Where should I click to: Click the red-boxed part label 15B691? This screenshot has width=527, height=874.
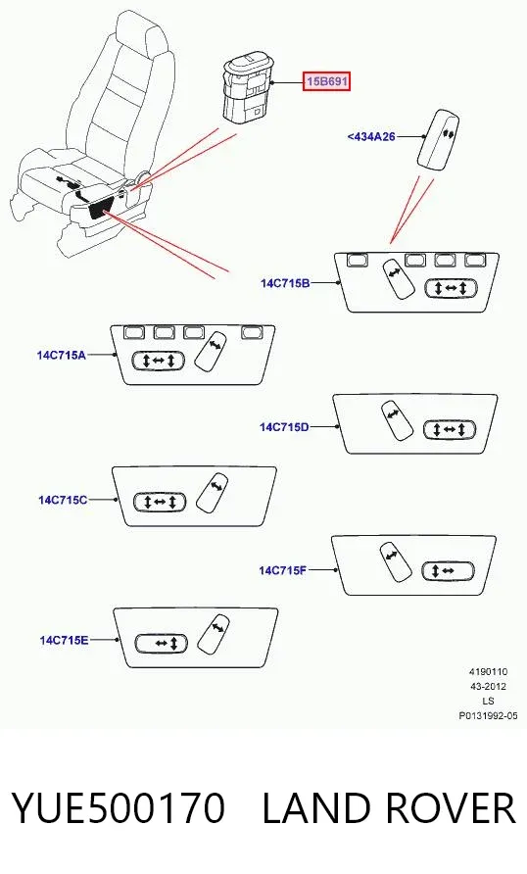click(326, 82)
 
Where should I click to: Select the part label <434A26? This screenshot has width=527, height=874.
click(371, 136)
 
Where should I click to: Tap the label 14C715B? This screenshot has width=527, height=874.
click(285, 283)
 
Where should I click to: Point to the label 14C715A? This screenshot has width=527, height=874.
click(62, 355)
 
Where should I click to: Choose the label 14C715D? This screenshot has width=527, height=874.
click(284, 427)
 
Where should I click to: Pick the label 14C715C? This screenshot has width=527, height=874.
click(63, 500)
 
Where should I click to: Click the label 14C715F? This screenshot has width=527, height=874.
click(283, 570)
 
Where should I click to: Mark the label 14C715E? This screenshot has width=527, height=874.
click(64, 640)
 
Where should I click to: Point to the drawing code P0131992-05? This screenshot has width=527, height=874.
click(488, 715)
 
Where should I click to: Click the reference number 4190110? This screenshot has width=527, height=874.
click(488, 672)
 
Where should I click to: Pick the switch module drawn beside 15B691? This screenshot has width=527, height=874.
click(247, 86)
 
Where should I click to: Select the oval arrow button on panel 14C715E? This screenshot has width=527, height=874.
click(162, 643)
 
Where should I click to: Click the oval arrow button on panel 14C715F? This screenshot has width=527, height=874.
click(449, 571)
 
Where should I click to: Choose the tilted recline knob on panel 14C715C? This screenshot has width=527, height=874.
click(213, 492)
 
